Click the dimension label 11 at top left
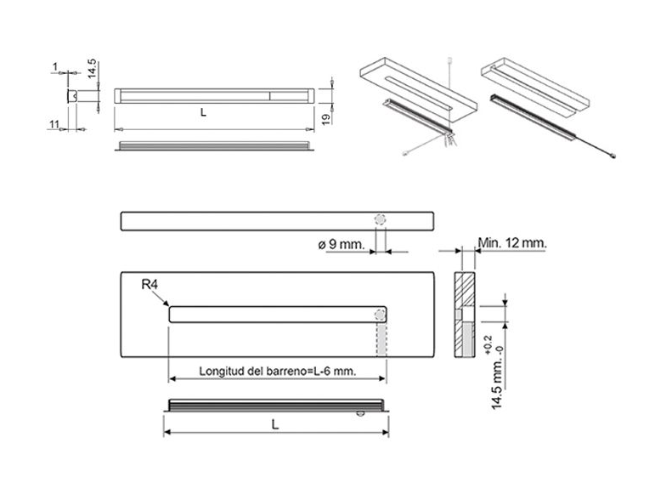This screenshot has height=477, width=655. pos(54,124)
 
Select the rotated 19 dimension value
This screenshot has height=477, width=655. pos(325,118)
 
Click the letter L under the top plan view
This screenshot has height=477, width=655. pos(203,111)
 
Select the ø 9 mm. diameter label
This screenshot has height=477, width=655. pos(342,245)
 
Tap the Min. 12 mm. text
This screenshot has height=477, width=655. pos(512,242)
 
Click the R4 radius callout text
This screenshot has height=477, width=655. pos(150,285)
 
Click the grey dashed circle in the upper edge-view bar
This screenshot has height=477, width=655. pos(381,219)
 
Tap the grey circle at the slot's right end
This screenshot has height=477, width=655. pos(380,315)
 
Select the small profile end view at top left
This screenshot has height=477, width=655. pos(73,97)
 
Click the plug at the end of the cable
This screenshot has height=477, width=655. pos(615,156)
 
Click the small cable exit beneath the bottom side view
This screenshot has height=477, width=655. pos(362,414)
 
